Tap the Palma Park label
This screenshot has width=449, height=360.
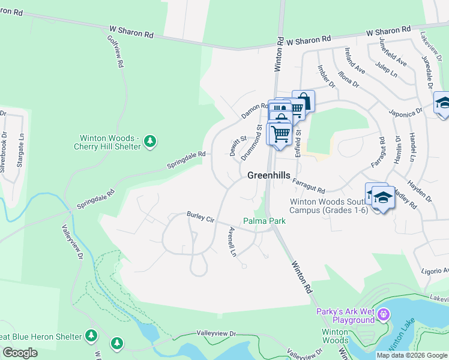[x=264, y=221]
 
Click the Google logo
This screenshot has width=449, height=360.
[x=20, y=353]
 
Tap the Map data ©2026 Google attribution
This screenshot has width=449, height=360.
[x=411, y=355]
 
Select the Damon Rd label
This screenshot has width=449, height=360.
[x=255, y=110]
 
